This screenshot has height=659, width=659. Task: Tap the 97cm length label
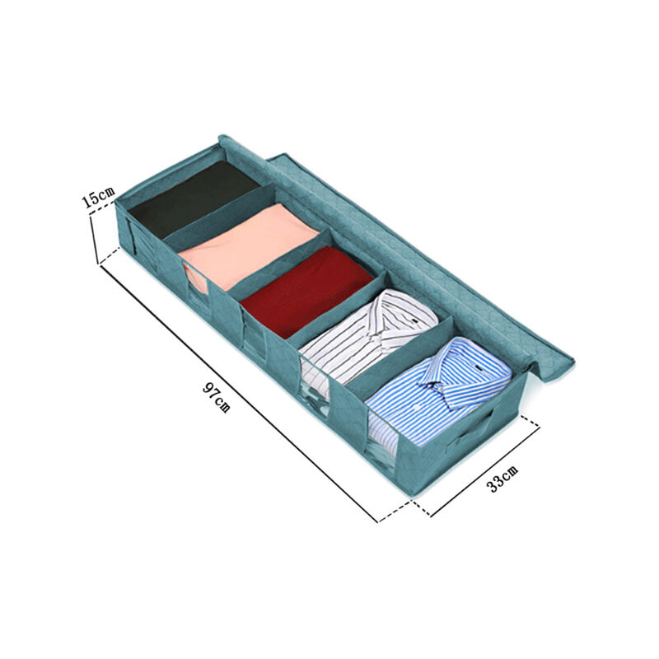pos(217,397)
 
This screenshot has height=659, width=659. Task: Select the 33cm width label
pos(502,478)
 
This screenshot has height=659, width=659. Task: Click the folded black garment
pos(194,199)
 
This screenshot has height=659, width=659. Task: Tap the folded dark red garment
pos(306,291)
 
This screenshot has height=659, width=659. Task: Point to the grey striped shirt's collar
pos(393,320)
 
